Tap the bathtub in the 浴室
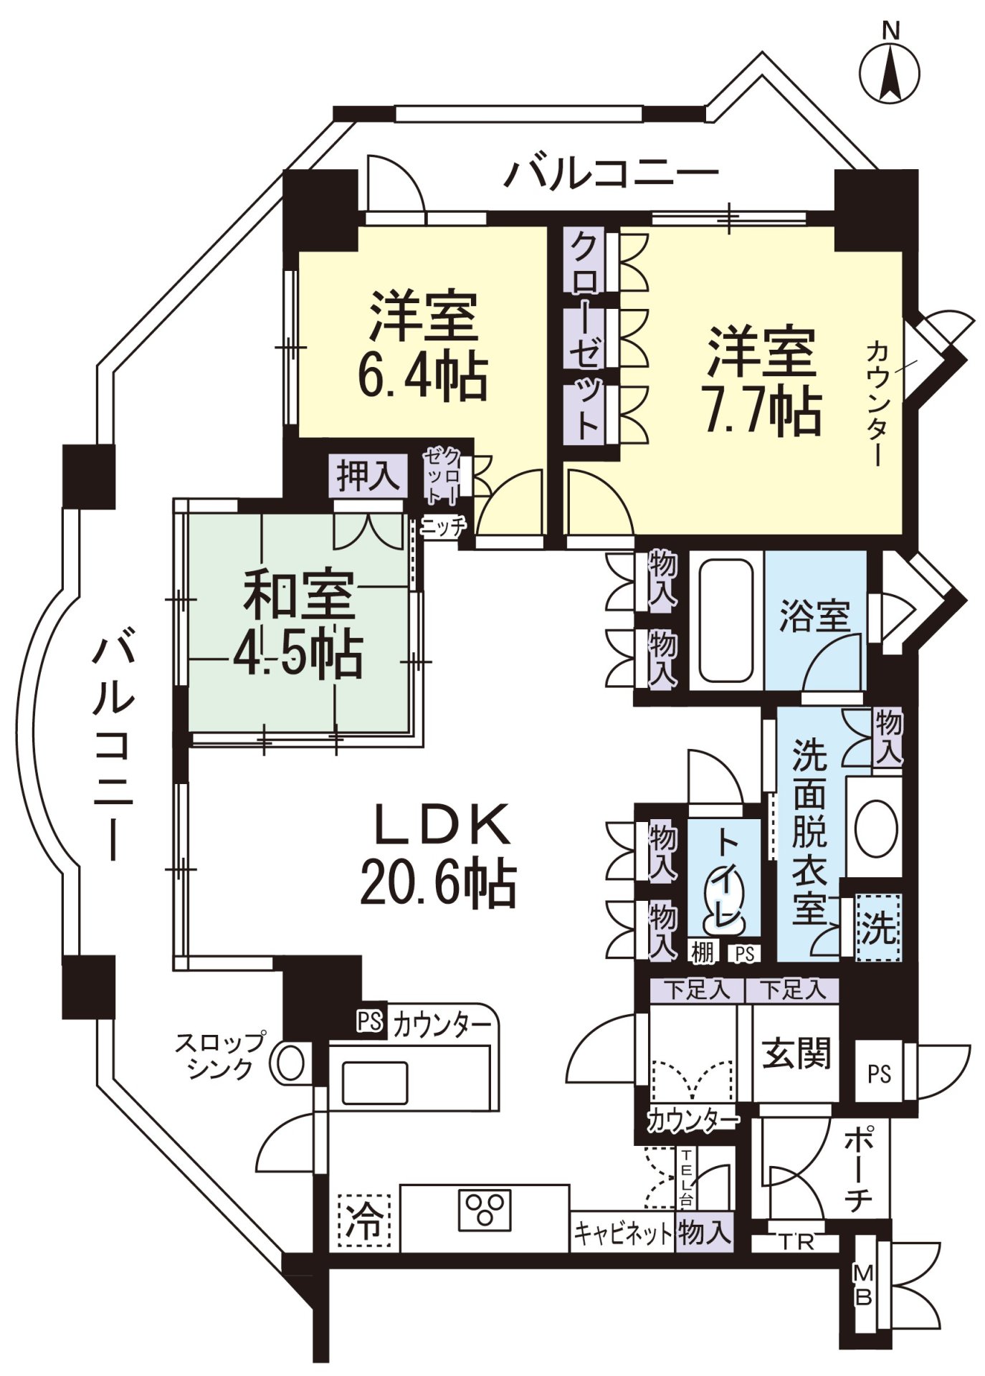coord(725,621)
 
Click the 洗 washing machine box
coord(879,927)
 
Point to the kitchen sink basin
coord(374,1082)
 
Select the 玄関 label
coord(796,1053)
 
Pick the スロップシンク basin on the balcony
coord(291,1063)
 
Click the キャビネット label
coord(622,1233)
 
